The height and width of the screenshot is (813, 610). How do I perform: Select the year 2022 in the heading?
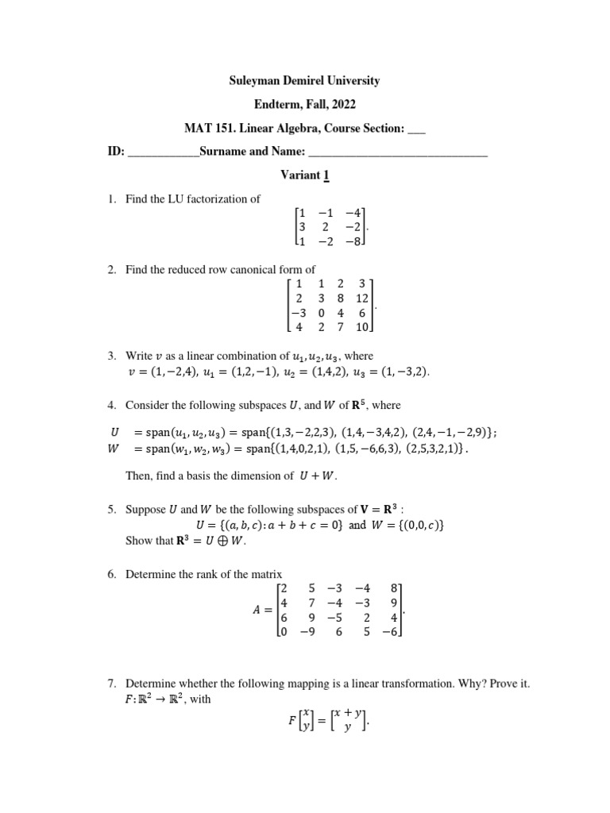click(342, 104)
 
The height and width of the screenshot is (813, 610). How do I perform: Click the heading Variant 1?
click(305, 175)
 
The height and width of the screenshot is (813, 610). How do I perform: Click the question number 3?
click(110, 356)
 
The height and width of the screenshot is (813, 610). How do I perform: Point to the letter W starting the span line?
click(113, 448)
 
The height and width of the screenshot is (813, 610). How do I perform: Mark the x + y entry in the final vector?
click(348, 718)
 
